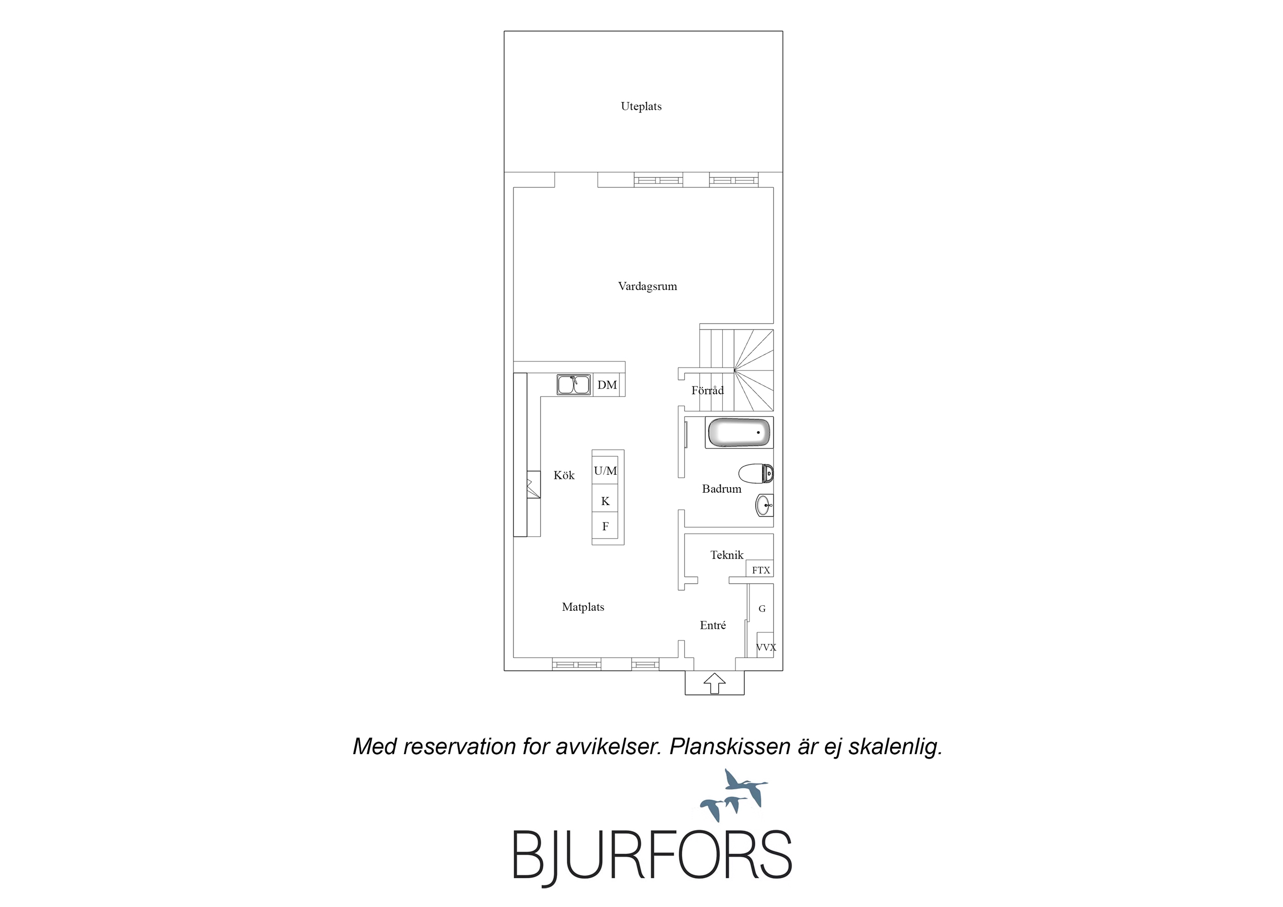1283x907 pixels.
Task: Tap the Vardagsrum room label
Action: tap(647, 286)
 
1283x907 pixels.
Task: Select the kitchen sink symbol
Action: tap(573, 384)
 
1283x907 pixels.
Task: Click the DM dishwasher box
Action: tap(607, 384)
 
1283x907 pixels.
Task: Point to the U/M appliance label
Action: tap(605, 471)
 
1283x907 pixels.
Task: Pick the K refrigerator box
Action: tap(605, 500)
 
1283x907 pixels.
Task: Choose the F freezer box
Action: tap(605, 526)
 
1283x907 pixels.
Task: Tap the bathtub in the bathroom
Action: tap(739, 433)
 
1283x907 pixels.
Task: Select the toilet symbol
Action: tap(756, 473)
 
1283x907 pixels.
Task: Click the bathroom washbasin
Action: tap(764, 505)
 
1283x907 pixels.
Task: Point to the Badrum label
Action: tap(721, 489)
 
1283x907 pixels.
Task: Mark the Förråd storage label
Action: tap(707, 390)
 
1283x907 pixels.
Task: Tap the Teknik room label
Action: tap(726, 555)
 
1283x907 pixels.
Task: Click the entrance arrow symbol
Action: tap(714, 684)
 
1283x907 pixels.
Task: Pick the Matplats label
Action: tap(583, 607)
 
